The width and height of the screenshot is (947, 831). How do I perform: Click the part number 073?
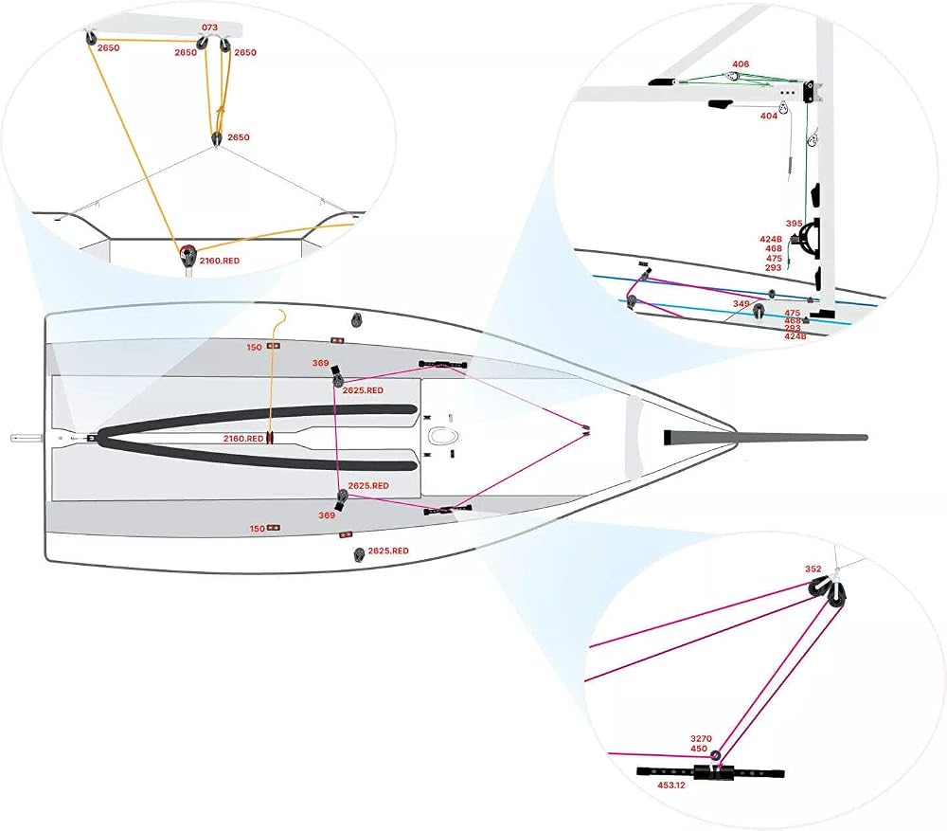[x=209, y=27]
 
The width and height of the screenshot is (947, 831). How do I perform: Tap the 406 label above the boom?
[x=741, y=64]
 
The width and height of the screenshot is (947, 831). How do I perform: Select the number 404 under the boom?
[x=768, y=116]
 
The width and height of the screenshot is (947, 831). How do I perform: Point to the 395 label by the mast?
[x=795, y=224]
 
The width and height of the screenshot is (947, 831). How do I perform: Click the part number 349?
[x=742, y=303]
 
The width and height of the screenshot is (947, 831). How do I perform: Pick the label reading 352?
[x=813, y=569]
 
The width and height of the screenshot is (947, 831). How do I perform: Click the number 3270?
[x=701, y=738]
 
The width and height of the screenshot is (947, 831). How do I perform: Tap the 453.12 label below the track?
[x=671, y=786]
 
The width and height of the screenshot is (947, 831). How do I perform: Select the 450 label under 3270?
[x=699, y=749]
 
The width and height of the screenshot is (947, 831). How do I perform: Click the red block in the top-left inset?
[x=188, y=254]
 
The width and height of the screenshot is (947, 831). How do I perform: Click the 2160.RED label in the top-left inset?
[x=220, y=261]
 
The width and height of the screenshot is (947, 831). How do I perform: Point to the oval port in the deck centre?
[x=443, y=435]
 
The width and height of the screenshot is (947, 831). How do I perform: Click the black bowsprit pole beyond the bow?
[x=765, y=437]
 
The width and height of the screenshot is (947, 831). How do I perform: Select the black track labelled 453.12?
[x=710, y=772]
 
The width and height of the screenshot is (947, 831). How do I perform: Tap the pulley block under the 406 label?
[x=732, y=78]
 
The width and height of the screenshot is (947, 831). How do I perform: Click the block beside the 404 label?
[x=782, y=108]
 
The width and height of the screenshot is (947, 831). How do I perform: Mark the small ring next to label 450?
[x=715, y=755]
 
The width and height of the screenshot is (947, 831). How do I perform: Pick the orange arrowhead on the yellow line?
[x=221, y=112]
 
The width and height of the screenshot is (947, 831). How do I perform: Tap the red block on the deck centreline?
[x=269, y=438]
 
